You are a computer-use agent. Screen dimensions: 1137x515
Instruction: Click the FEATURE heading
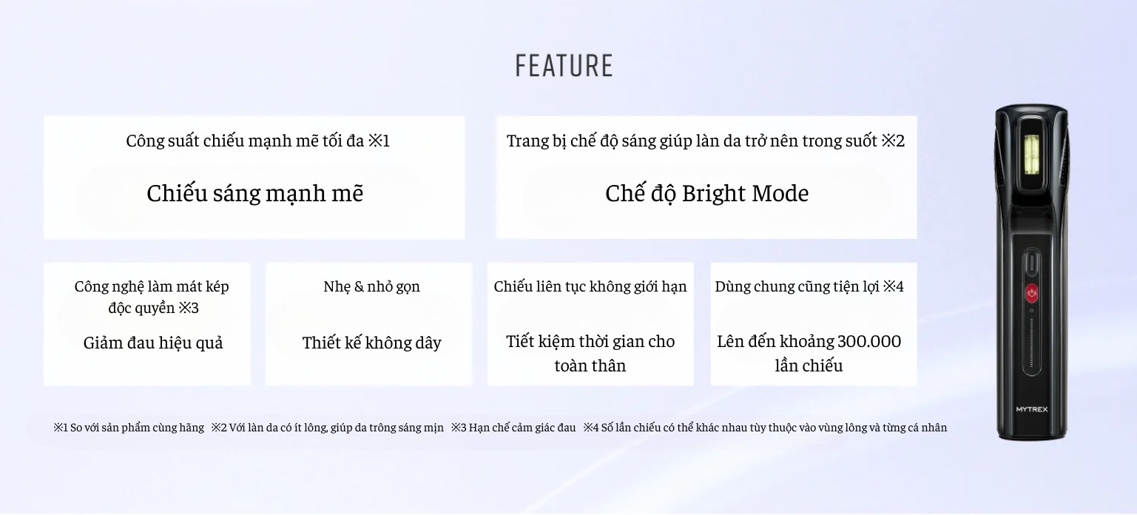(564, 66)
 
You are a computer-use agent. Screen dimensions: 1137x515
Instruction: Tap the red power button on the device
(1031, 292)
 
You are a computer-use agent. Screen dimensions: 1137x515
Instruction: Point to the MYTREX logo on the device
(1031, 409)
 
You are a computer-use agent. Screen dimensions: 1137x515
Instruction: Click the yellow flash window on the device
(1031, 155)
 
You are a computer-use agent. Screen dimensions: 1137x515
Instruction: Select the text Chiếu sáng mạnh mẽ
(254, 194)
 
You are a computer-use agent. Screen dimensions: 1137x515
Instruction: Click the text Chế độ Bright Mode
(706, 194)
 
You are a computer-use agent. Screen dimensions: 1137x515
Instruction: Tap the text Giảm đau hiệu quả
(153, 343)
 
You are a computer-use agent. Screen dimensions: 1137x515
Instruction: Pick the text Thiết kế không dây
(371, 343)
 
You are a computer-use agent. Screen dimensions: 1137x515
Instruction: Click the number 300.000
(869, 341)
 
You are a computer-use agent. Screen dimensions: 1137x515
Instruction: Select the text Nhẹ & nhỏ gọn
(371, 286)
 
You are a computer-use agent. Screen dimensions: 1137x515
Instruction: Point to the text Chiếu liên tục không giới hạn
(590, 286)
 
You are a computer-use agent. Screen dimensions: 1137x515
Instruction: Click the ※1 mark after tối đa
(379, 141)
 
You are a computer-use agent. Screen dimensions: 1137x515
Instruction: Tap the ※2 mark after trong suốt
(893, 141)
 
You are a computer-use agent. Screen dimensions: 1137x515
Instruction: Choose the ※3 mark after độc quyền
(189, 308)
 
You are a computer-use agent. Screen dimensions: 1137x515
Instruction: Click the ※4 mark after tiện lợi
(894, 286)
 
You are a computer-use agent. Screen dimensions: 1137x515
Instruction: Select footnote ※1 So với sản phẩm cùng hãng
(129, 428)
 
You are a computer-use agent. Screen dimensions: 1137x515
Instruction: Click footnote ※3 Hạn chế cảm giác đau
(513, 428)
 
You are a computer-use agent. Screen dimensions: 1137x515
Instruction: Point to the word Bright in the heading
(714, 194)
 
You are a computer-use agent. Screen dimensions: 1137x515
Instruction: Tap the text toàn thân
(590, 366)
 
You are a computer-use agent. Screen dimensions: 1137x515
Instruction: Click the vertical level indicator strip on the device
(1031, 343)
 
